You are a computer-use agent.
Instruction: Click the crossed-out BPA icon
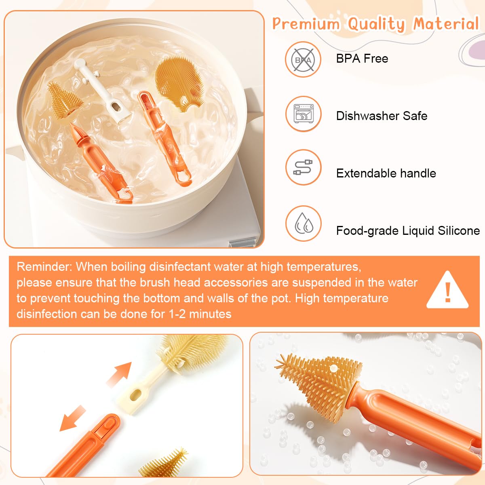303,59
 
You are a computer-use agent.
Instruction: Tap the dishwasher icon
304,114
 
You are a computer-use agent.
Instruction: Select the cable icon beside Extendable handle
304,167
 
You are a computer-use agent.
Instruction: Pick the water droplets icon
304,224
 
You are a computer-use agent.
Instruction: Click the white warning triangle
447,290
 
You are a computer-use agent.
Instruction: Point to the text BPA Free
362,59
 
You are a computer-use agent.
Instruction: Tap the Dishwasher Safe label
382,116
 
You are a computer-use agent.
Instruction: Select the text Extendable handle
386,173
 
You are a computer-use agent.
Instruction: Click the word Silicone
459,230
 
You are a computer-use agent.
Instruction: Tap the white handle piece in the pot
102,91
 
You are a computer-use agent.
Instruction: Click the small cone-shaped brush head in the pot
65,100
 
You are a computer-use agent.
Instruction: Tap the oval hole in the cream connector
136,395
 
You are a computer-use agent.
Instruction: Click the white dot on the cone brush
334,369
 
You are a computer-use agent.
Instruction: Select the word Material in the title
446,24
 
